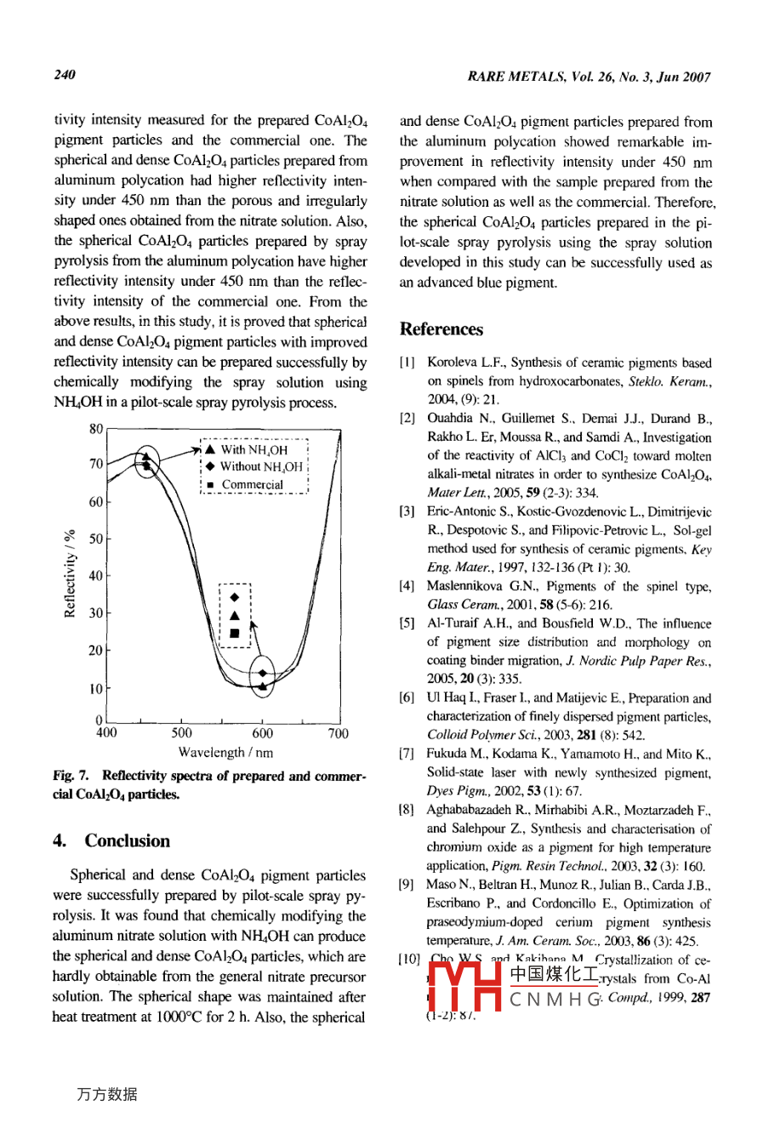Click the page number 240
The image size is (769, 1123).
pyautogui.click(x=66, y=76)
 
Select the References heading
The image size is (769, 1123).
pyautogui.click(x=441, y=330)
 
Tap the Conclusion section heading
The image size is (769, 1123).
pyautogui.click(x=127, y=841)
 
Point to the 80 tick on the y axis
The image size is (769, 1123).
pyautogui.click(x=96, y=429)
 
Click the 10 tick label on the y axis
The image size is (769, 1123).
pyautogui.click(x=96, y=688)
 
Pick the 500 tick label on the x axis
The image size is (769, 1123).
pyautogui.click(x=182, y=733)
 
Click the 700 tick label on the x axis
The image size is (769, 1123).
pyautogui.click(x=338, y=733)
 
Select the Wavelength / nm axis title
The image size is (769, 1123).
pyautogui.click(x=225, y=753)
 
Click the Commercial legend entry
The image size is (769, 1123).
pyautogui.click(x=252, y=485)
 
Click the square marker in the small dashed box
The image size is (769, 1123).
pyautogui.click(x=234, y=633)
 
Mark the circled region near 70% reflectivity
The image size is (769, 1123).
pyautogui.click(x=147, y=463)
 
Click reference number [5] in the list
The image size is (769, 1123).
pyautogui.click(x=407, y=624)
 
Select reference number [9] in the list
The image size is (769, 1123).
pyautogui.click(x=407, y=885)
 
